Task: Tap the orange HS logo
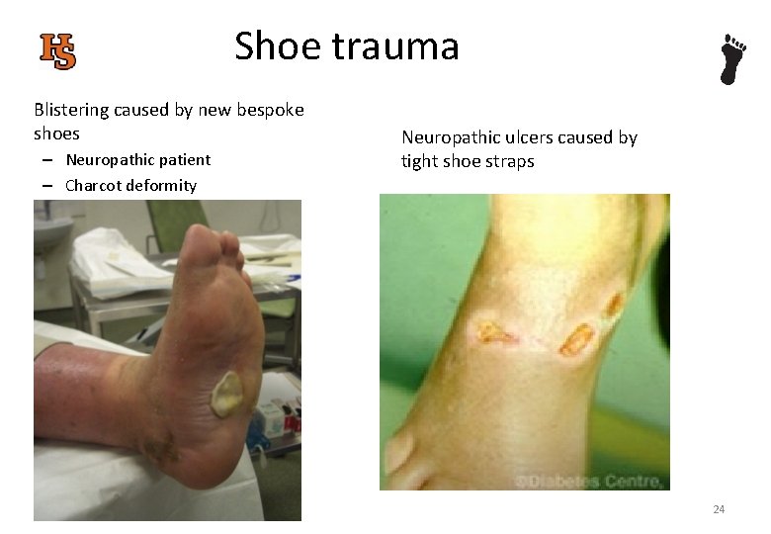(58, 50)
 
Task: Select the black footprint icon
(732, 59)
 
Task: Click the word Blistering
(76, 110)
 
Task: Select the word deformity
(165, 185)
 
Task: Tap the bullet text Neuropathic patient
(137, 159)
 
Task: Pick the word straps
(509, 161)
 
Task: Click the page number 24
(719, 509)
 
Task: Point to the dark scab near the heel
(160, 448)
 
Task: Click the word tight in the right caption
(419, 161)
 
